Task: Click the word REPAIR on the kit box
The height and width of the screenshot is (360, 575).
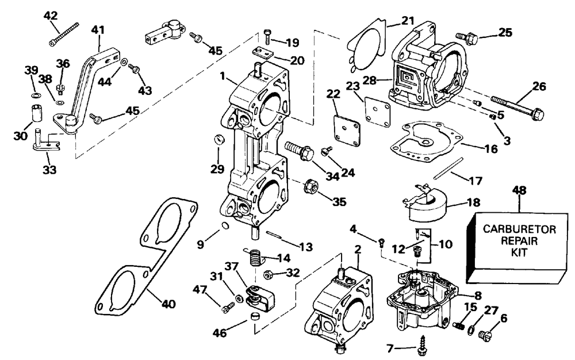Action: pos(519,240)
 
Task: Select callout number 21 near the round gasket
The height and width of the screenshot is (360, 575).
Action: pos(408,21)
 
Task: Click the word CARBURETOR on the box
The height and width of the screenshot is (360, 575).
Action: pos(519,229)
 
